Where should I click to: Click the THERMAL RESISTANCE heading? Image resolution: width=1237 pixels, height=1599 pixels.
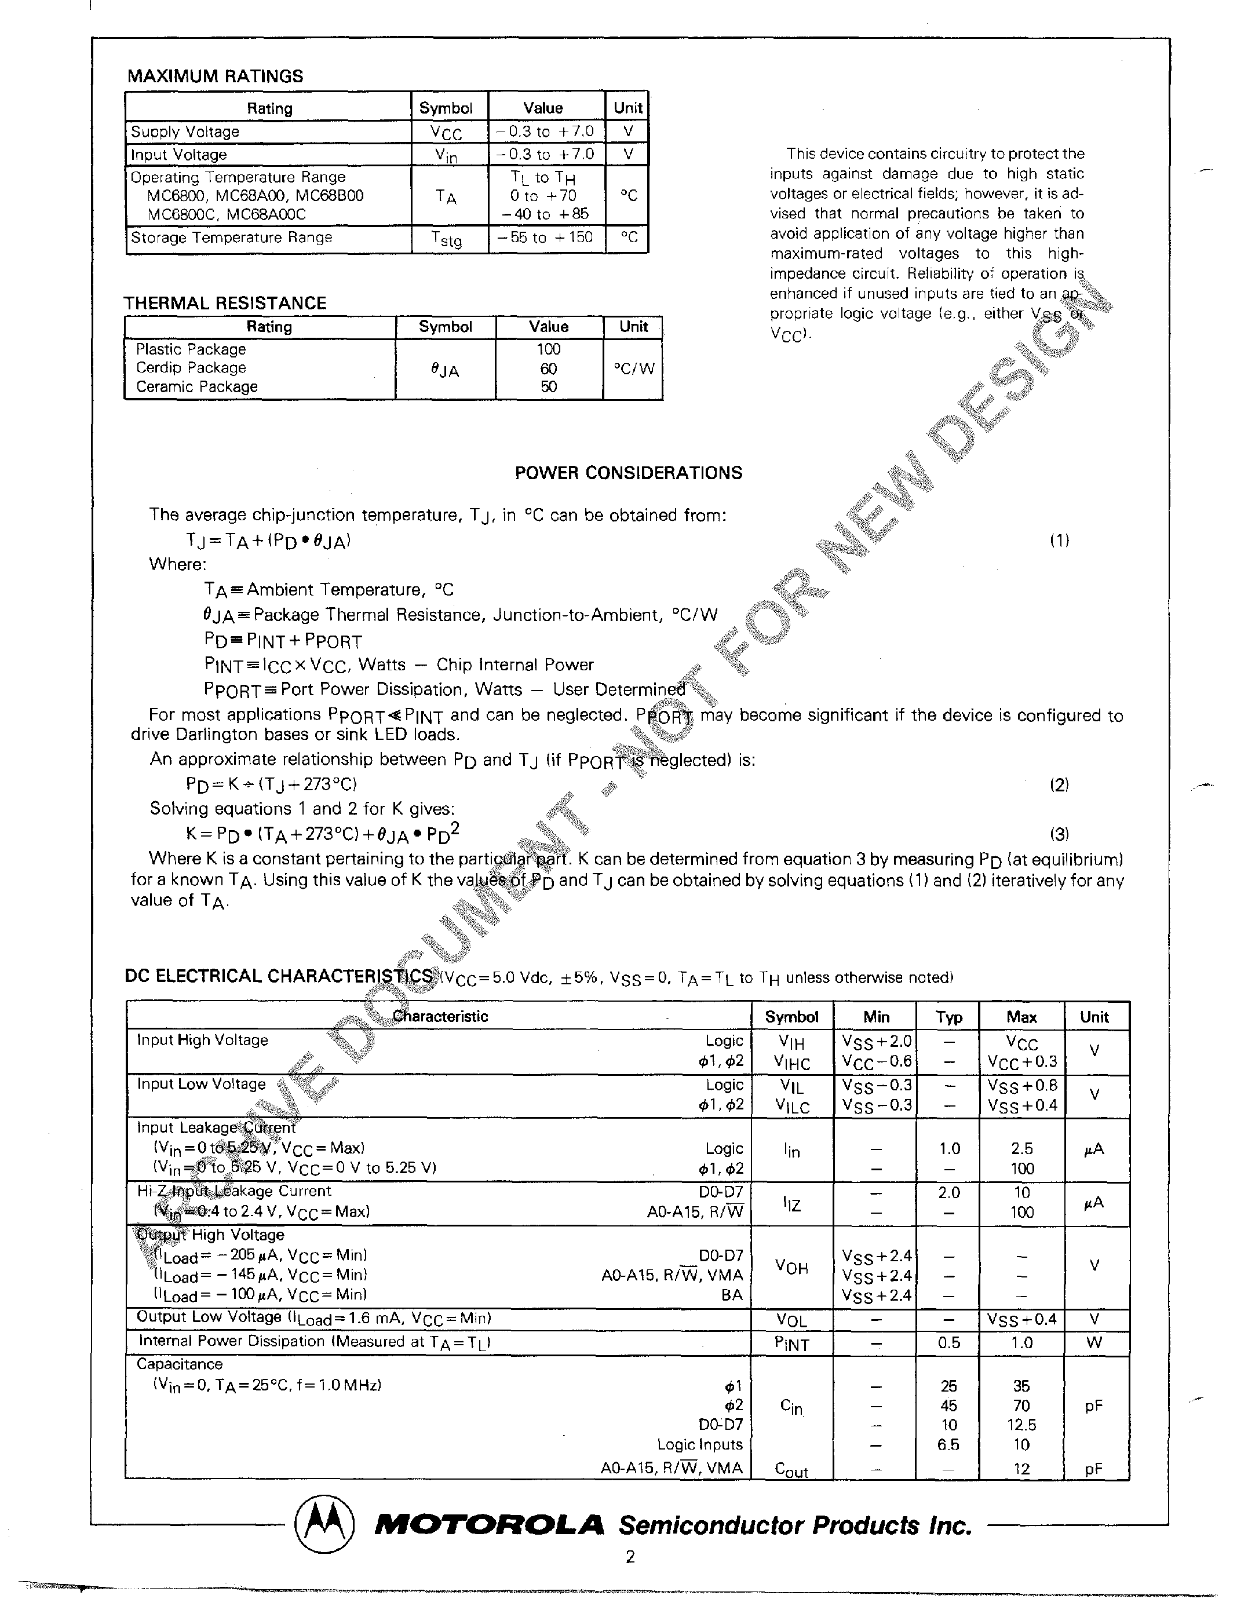click(225, 303)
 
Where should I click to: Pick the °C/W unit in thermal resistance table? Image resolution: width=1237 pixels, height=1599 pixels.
click(633, 369)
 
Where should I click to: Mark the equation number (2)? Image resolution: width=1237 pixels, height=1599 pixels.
click(1059, 785)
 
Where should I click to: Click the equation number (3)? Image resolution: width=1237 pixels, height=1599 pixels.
click(1059, 834)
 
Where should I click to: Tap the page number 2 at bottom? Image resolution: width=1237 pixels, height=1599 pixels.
click(630, 1576)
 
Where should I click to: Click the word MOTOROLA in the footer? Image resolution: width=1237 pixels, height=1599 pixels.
click(489, 1526)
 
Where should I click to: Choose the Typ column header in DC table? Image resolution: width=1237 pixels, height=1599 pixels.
click(948, 1017)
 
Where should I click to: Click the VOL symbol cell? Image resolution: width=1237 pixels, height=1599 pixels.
click(790, 1321)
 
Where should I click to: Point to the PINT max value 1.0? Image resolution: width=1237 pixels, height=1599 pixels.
click(1021, 1343)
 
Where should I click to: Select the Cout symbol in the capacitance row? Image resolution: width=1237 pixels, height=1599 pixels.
click(790, 1469)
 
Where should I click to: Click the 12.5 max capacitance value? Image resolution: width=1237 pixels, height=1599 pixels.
click(1021, 1425)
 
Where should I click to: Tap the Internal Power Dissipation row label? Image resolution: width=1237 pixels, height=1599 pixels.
click(313, 1341)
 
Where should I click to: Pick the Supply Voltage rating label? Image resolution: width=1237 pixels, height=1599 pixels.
click(185, 132)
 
